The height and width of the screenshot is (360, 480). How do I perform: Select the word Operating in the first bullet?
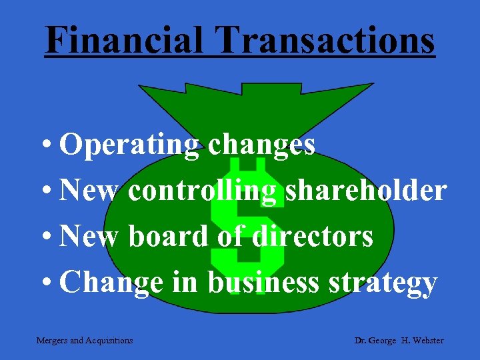(x=129, y=145)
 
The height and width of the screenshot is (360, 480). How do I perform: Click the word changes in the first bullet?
(x=261, y=145)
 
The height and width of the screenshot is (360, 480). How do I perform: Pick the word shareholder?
(x=366, y=191)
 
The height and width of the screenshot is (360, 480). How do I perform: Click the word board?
(x=168, y=237)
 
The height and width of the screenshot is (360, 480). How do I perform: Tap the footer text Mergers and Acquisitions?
(x=85, y=341)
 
